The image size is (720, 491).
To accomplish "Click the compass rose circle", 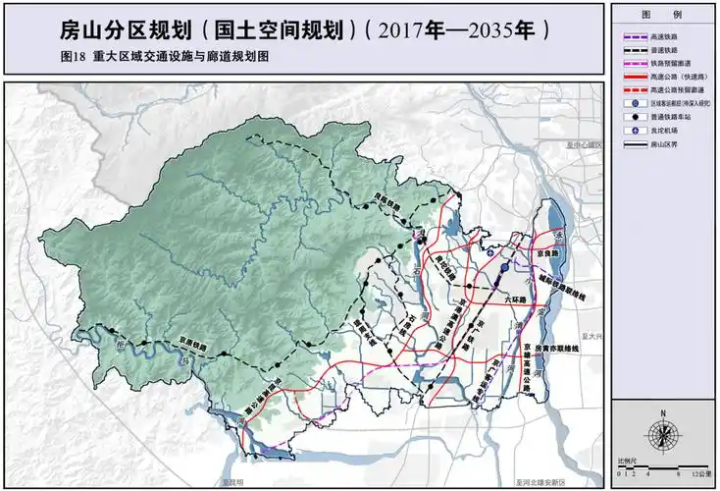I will click(x=664, y=434).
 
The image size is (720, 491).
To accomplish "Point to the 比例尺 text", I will click(x=628, y=460).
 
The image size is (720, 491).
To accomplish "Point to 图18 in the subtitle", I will click(x=73, y=57).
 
